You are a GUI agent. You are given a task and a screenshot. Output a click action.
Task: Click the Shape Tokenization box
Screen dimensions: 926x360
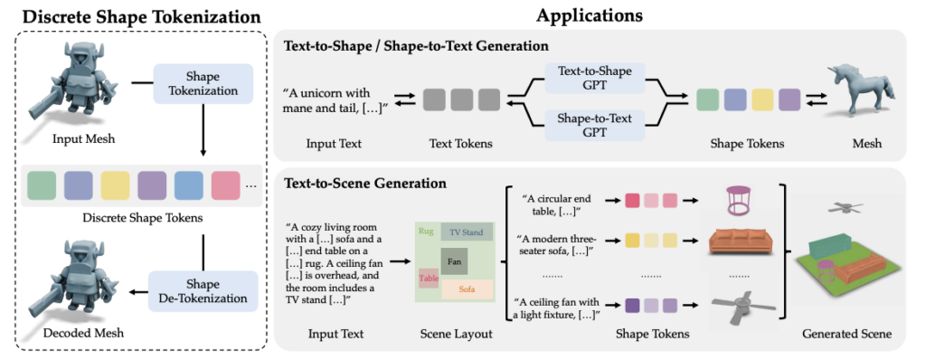pyautogui.click(x=203, y=82)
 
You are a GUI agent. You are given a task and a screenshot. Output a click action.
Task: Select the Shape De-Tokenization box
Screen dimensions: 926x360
pyautogui.click(x=203, y=290)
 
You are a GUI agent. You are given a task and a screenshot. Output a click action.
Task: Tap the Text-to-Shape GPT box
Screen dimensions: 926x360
pyautogui.click(x=595, y=78)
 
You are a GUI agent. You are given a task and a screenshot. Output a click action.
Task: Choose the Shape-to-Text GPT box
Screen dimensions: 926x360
pyautogui.click(x=595, y=125)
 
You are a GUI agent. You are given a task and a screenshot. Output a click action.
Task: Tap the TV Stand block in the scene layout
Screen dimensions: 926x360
pyautogui.click(x=467, y=232)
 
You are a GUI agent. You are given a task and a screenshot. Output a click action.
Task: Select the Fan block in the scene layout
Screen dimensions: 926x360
pyautogui.click(x=454, y=261)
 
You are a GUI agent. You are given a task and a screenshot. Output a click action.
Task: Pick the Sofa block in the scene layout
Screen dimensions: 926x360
pyautogui.click(x=467, y=289)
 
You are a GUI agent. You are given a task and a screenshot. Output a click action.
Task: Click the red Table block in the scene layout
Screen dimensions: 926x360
pyautogui.click(x=429, y=278)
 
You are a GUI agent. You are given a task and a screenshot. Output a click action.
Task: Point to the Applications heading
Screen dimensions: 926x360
pyautogui.click(x=589, y=15)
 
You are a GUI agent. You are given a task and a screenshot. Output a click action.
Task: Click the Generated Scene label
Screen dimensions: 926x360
pyautogui.click(x=846, y=335)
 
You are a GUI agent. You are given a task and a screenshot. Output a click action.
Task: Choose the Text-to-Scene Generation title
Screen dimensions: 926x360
pyautogui.click(x=365, y=184)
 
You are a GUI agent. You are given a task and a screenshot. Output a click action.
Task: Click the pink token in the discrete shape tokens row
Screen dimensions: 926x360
pyautogui.click(x=225, y=185)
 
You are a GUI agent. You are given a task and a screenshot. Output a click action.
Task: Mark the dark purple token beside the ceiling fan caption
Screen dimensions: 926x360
pyautogui.click(x=632, y=305)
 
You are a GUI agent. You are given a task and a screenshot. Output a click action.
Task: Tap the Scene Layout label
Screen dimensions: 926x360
pyautogui.click(x=456, y=335)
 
